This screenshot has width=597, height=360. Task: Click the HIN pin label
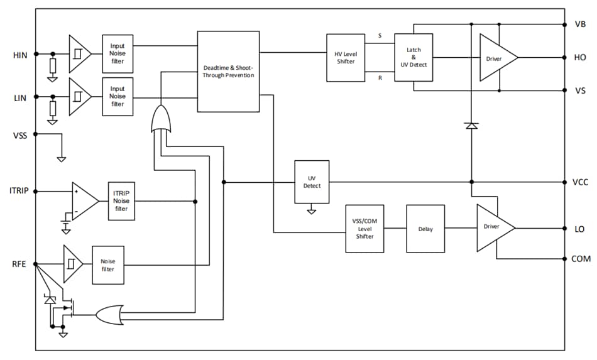(19, 55)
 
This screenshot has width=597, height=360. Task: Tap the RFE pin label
(19, 265)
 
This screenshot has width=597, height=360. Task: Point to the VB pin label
(580, 25)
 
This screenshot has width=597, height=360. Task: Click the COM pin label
(581, 259)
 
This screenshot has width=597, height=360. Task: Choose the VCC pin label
(581, 183)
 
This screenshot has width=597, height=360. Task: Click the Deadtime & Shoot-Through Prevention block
(228, 71)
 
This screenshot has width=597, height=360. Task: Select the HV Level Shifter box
(346, 58)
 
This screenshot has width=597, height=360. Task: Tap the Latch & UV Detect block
(414, 58)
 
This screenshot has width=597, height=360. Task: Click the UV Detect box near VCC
(312, 182)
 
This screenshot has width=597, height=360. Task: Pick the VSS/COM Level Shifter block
(364, 229)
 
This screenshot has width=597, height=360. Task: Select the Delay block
(425, 229)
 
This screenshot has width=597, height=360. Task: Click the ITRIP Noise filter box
(121, 202)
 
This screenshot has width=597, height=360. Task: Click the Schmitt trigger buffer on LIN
(79, 97)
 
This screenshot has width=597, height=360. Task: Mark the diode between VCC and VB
(471, 126)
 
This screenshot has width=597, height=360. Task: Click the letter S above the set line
(380, 36)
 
